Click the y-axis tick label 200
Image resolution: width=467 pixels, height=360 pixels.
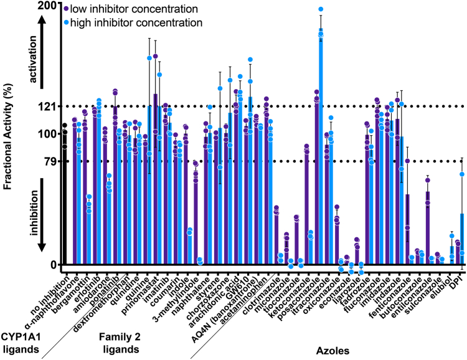coord(47,6)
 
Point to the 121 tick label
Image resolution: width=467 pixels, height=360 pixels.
coord(47,106)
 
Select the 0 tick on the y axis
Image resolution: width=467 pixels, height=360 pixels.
coord(54,264)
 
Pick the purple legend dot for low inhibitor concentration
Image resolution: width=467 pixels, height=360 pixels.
coord(65,9)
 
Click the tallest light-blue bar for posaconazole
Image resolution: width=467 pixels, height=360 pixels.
coord(321,146)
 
